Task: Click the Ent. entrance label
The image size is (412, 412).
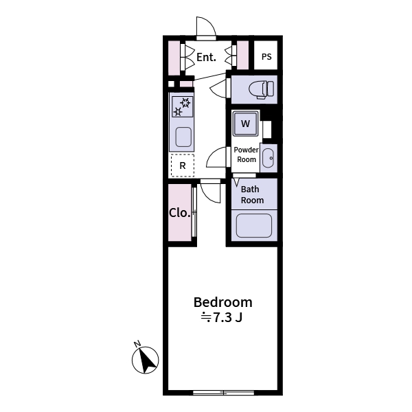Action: pyautogui.click(x=207, y=58)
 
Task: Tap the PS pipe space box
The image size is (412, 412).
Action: pyautogui.click(x=266, y=56)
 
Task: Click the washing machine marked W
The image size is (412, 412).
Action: pyautogui.click(x=245, y=124)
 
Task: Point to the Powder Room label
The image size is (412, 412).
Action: pyautogui.click(x=246, y=154)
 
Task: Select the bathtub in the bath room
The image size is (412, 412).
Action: pyautogui.click(x=253, y=225)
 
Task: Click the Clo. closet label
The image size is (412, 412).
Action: pyautogui.click(x=179, y=212)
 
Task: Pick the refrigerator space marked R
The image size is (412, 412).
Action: pyautogui.click(x=183, y=165)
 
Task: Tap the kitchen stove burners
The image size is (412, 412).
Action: pyautogui.click(x=182, y=107)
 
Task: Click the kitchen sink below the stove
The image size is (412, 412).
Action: pyautogui.click(x=183, y=136)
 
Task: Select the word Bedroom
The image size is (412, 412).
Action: pyautogui.click(x=222, y=302)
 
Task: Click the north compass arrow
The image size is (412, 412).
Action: pyautogui.click(x=145, y=360)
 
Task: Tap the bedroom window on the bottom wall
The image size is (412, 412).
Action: pyautogui.click(x=223, y=393)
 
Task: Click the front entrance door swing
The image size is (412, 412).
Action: pyautogui.click(x=206, y=27)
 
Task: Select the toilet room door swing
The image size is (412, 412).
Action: pyautogui.click(x=220, y=87)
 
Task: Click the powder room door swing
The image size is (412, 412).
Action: pyautogui.click(x=217, y=158)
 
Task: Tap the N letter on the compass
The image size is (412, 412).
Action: pyautogui.click(x=137, y=344)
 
